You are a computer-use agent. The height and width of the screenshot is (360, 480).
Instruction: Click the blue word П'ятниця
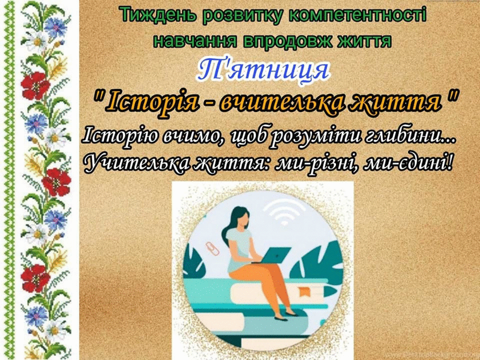click(262, 71)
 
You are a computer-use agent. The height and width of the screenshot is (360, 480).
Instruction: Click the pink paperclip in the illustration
click(212, 248)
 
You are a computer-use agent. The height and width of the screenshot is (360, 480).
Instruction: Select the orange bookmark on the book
click(304, 291)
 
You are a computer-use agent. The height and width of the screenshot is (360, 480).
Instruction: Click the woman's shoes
click(285, 315)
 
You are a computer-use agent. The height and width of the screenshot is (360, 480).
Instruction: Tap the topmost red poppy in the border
click(35, 85)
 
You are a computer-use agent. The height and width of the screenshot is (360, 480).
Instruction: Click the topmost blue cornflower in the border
click(55, 27)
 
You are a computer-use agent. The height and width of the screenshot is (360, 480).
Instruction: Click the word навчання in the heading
click(195, 40)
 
